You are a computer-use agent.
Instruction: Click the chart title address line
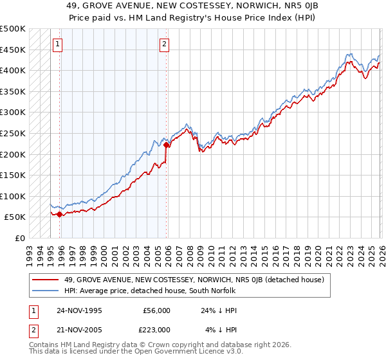[193, 5]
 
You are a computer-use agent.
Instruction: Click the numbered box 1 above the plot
[58, 44]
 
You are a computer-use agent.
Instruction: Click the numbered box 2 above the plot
[165, 44]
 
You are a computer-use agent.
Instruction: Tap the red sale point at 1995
[60, 214]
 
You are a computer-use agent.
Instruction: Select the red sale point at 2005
[167, 145]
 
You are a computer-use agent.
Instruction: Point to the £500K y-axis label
[13, 29]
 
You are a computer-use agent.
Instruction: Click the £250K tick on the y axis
[13, 133]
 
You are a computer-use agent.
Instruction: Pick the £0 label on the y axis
[21, 238]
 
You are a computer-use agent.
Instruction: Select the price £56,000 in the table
[156, 310]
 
